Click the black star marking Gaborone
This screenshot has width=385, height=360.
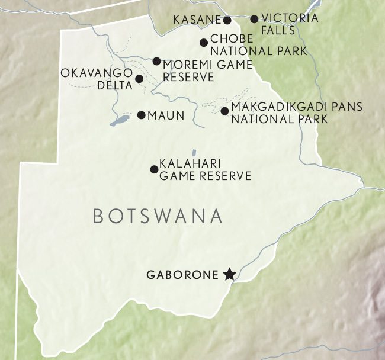229,274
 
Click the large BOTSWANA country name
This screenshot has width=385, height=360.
158,217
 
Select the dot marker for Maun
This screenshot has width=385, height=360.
142,115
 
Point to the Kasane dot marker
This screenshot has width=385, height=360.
227,20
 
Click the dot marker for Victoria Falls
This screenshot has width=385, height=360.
254,19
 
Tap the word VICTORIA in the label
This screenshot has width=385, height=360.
289,18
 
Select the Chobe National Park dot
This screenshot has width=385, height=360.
204,42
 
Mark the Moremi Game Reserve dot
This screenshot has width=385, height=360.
156,61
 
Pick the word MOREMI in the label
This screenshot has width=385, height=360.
187,65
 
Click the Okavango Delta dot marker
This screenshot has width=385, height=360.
139,79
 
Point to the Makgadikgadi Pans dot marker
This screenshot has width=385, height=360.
224,111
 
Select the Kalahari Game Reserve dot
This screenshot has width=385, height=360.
155,169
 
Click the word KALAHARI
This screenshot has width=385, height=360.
189,165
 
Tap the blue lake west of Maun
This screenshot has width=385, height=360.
120,121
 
